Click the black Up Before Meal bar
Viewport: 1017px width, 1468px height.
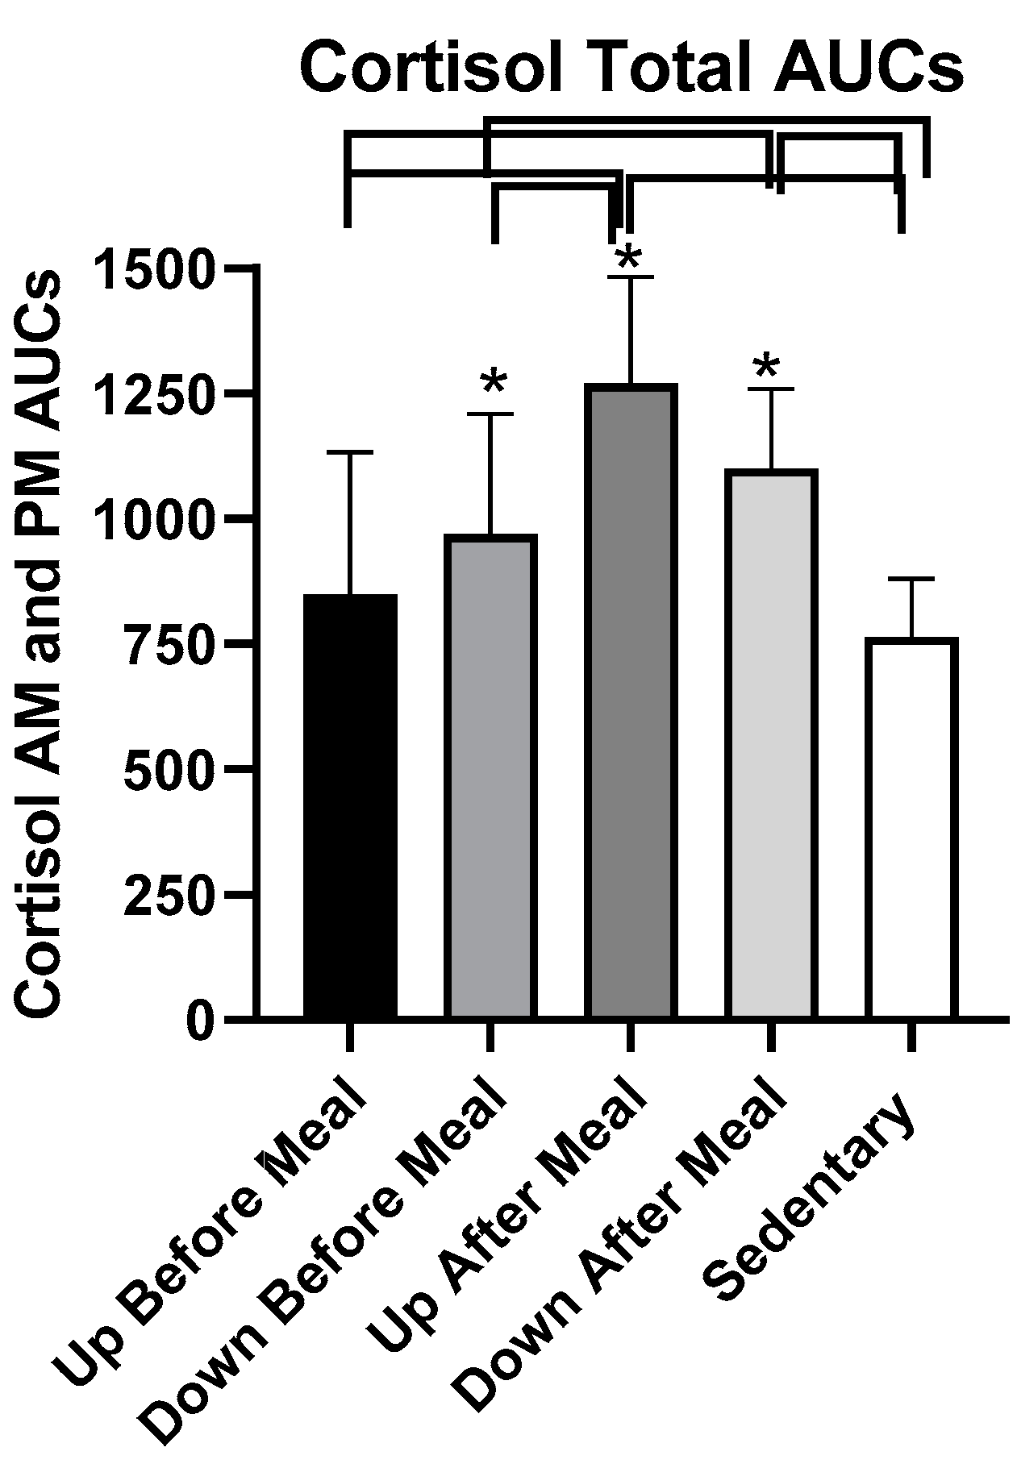(x=351, y=806)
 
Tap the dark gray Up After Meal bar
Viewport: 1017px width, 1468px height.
(x=631, y=701)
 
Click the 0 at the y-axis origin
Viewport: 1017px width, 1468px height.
(x=202, y=1021)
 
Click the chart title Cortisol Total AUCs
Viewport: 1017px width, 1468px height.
(x=631, y=68)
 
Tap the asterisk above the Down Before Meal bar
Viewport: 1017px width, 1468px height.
(x=493, y=383)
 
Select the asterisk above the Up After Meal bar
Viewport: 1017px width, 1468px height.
(x=628, y=260)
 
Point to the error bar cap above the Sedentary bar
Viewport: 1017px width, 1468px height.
(x=911, y=579)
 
